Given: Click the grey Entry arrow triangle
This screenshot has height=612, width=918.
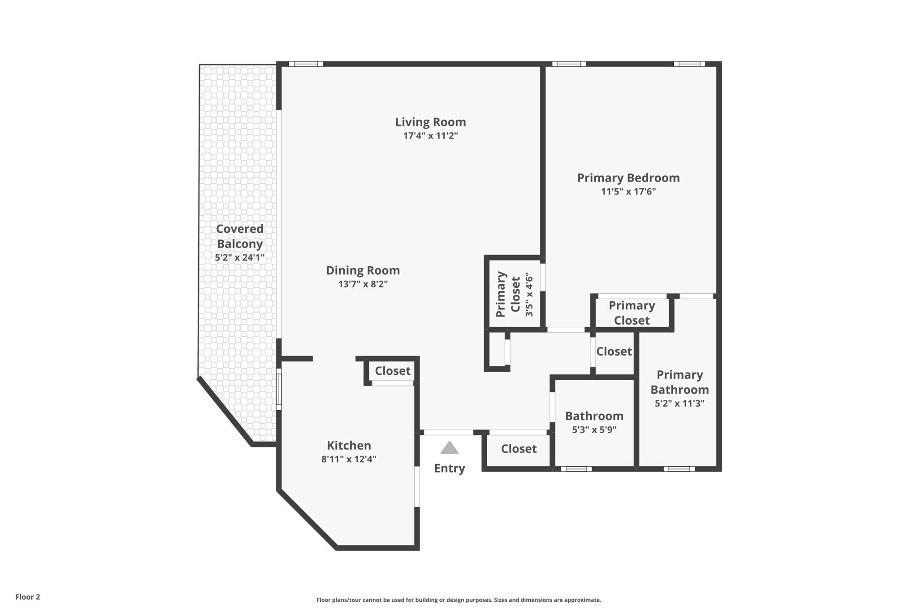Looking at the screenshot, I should pos(449,448).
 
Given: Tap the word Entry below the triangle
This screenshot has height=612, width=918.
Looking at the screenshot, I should pos(449,468).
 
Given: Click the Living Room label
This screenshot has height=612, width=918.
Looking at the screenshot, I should pos(430,122).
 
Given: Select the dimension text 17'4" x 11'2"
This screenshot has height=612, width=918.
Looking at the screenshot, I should pos(430,135).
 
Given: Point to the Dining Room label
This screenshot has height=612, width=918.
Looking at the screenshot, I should pos(363,270).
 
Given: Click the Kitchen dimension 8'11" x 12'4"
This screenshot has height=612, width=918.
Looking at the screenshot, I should pos(349,459).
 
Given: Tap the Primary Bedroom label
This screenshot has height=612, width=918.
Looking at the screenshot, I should pos(628,178).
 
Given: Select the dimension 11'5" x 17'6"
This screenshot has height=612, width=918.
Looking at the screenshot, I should pos(628,192).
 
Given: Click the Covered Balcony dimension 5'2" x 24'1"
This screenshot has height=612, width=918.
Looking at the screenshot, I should pos(240,258).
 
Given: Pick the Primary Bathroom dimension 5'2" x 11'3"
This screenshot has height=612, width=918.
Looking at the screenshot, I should pos(680,403).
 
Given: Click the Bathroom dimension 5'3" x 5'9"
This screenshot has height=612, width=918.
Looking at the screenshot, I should pos(594,430).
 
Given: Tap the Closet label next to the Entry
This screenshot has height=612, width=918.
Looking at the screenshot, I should pos(519,449).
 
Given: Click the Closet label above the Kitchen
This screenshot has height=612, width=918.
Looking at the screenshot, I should pos(393,371).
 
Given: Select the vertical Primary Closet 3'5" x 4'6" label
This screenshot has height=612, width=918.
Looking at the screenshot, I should pos(515,294).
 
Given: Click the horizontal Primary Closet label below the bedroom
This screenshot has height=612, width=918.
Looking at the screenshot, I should pos(632,313).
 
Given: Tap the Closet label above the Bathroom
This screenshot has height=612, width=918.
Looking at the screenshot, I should pos(614,352).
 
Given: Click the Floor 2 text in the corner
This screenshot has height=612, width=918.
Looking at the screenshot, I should pos(28,597).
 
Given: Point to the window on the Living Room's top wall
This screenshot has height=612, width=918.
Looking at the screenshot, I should pos(306,64).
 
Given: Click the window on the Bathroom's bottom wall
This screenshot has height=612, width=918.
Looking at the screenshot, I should pos(576,469).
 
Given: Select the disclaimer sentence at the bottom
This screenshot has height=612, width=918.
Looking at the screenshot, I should pos(459,600).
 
